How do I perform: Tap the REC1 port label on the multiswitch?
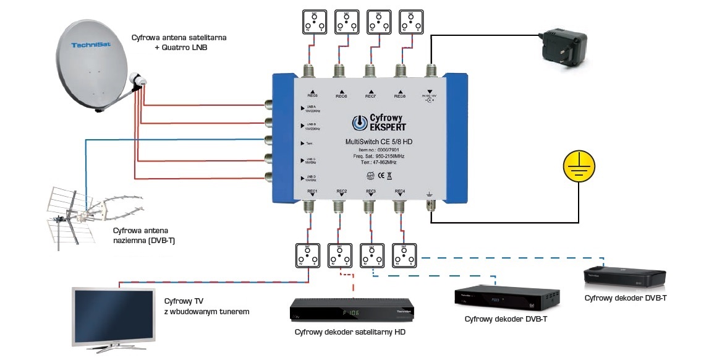pos(312,191)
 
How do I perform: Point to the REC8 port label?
pos(400,96)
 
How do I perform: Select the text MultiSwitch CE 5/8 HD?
pos(380,142)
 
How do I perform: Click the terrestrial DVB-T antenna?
pos(93,213)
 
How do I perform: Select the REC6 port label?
pos(342,96)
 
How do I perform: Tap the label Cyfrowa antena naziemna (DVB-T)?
pos(143,235)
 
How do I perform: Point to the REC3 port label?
pos(371,191)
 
